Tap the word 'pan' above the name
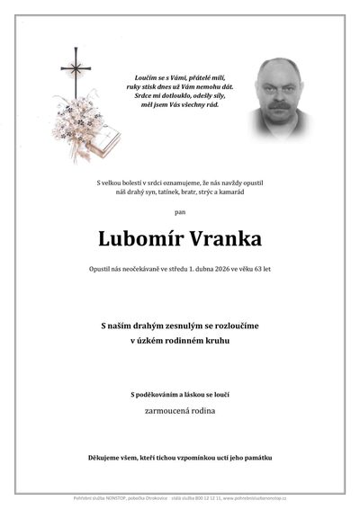tap(180, 212)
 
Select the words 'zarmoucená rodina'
tap(180, 410)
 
